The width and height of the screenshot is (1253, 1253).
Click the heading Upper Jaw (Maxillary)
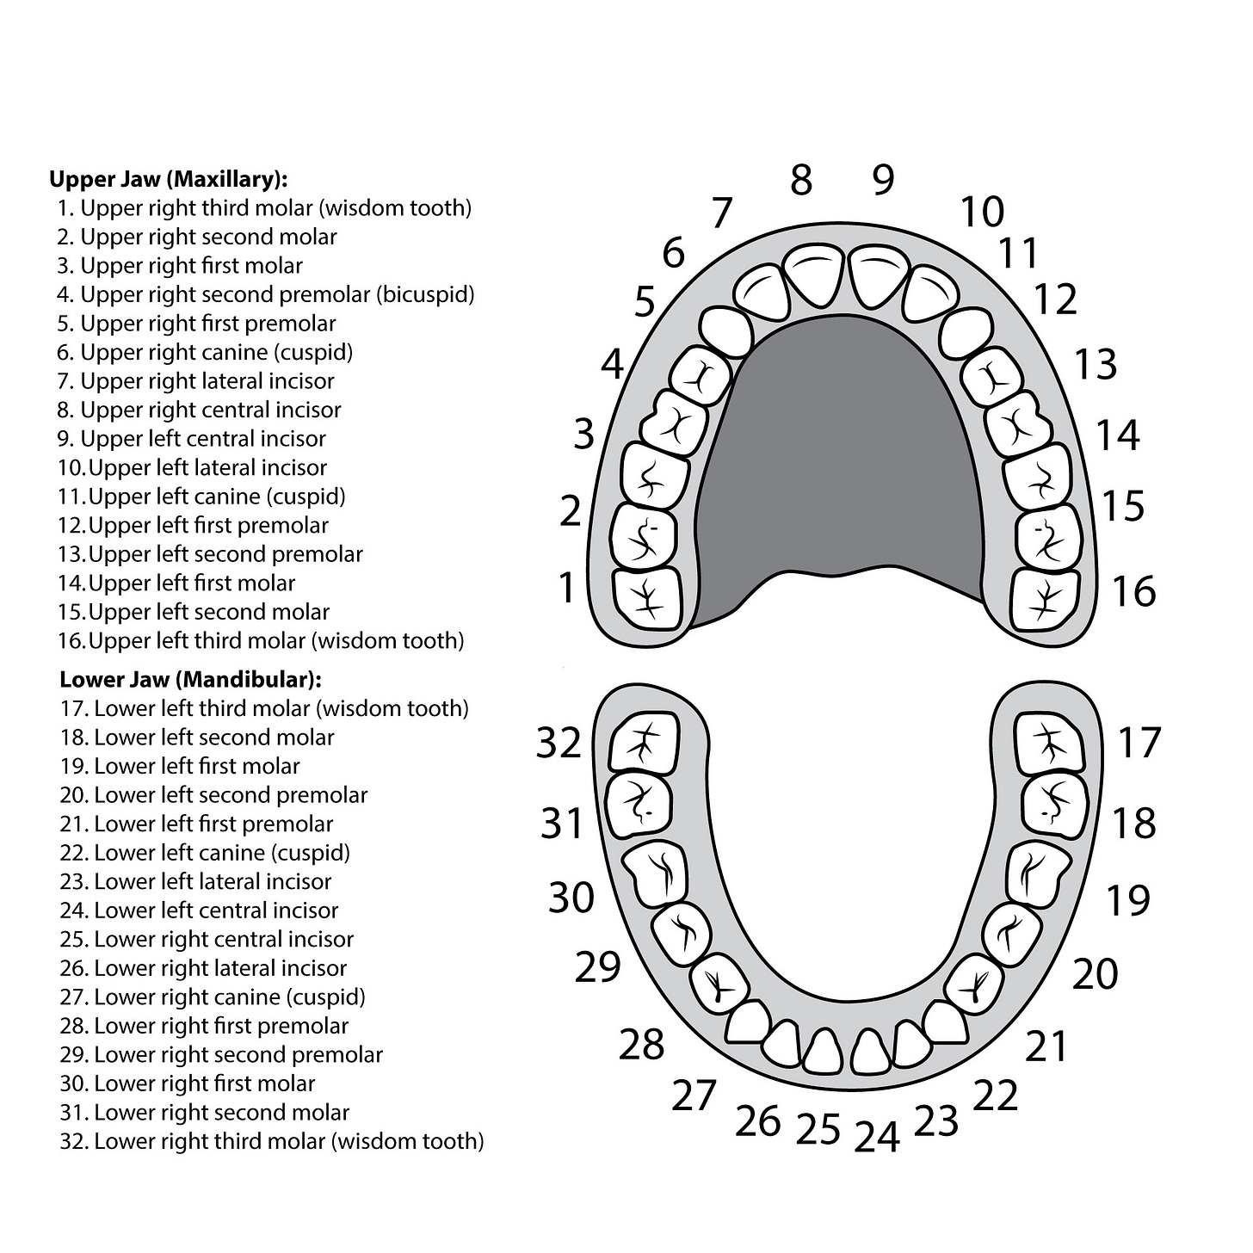(x=168, y=179)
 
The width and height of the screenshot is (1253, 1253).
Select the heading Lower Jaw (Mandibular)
(x=190, y=679)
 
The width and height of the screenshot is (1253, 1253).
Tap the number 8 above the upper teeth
(x=800, y=181)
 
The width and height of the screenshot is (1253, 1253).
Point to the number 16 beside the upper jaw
(x=1133, y=591)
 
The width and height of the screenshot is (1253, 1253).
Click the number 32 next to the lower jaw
(x=559, y=742)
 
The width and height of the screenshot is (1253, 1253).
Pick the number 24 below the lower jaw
(x=877, y=1136)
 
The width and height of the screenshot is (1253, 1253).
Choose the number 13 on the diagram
(x=1096, y=364)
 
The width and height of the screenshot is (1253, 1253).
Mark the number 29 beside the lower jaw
(x=597, y=967)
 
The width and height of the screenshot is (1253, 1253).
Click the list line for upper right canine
(x=205, y=352)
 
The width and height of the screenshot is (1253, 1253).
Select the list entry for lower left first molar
(x=180, y=766)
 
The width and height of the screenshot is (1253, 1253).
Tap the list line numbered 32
(x=272, y=1141)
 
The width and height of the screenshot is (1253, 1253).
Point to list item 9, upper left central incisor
(x=192, y=439)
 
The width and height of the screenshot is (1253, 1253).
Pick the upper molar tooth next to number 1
(x=646, y=597)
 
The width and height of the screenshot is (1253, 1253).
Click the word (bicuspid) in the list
(x=425, y=294)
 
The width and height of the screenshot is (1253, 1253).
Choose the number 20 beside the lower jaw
(x=1095, y=973)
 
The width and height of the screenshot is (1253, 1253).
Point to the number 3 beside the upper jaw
(x=584, y=434)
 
